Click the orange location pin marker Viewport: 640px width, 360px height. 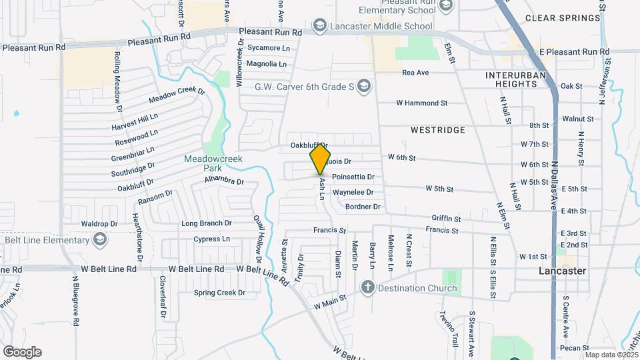(321, 159)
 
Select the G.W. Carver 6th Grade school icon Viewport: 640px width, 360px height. (363, 86)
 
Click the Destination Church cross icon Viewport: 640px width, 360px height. (367, 288)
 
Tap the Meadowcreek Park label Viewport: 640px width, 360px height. (213, 163)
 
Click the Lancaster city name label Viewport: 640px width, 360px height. (562, 271)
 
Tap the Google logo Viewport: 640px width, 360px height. (21, 352)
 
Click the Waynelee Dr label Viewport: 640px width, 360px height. (353, 192)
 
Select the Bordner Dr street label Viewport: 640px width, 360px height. (363, 207)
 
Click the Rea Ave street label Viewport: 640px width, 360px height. (415, 73)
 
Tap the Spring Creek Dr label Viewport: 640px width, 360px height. (219, 293)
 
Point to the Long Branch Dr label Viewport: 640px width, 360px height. (206, 223)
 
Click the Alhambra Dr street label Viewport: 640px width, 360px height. (224, 180)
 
